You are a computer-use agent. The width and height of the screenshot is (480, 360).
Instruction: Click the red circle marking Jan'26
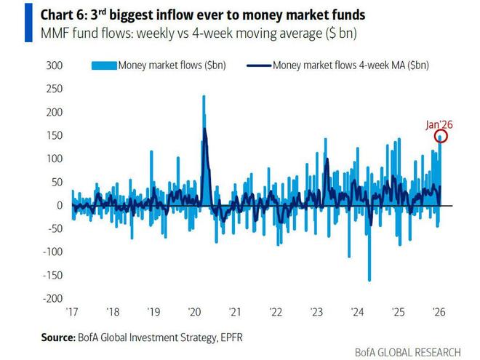[441, 136]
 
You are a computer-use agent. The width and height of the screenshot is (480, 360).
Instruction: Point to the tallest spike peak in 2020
[203, 96]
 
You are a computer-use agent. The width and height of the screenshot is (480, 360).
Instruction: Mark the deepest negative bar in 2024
[369, 280]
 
